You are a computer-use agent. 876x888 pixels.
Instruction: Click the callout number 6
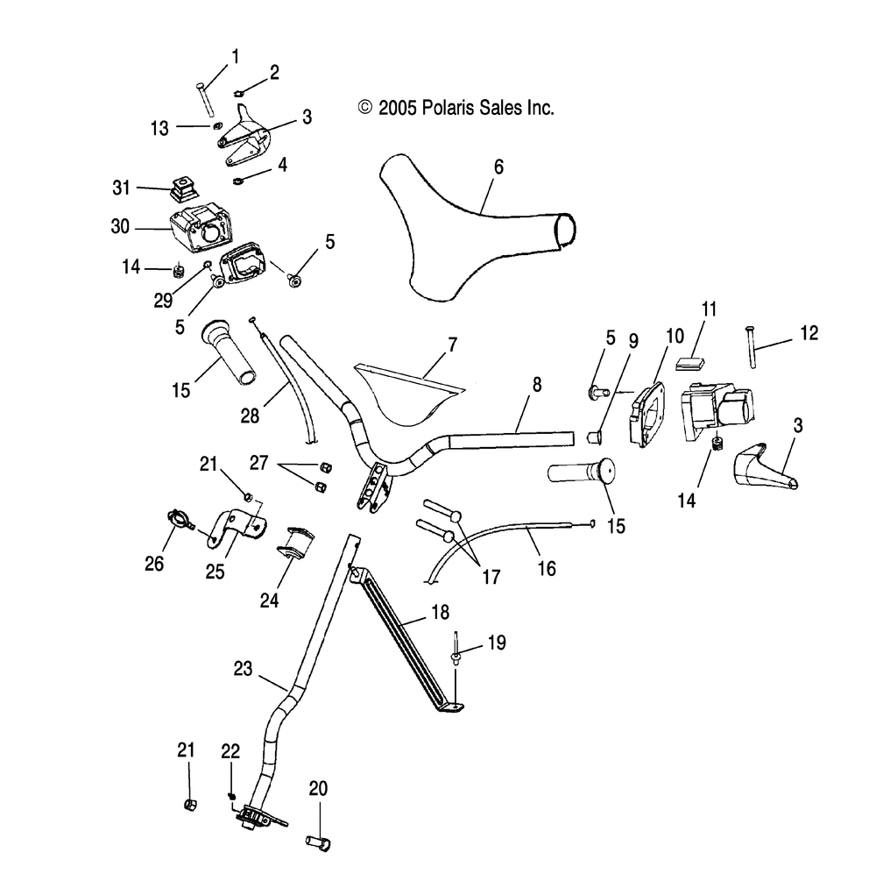[498, 167]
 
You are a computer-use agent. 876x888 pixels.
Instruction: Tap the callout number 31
[122, 188]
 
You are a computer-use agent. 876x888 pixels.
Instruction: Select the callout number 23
[244, 668]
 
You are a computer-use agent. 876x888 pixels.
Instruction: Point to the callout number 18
[441, 612]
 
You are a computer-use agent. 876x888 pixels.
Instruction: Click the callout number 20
[319, 788]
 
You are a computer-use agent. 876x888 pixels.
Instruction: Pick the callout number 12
[809, 333]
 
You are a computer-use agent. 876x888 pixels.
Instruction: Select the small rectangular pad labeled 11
[690, 363]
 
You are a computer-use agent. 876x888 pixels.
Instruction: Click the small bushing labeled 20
[318, 842]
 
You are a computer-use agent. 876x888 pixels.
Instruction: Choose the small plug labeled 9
[594, 437]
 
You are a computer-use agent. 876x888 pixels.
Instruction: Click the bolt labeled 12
[752, 347]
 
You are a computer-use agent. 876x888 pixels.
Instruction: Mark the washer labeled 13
[216, 125]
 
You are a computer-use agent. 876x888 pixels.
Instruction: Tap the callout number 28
[251, 416]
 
